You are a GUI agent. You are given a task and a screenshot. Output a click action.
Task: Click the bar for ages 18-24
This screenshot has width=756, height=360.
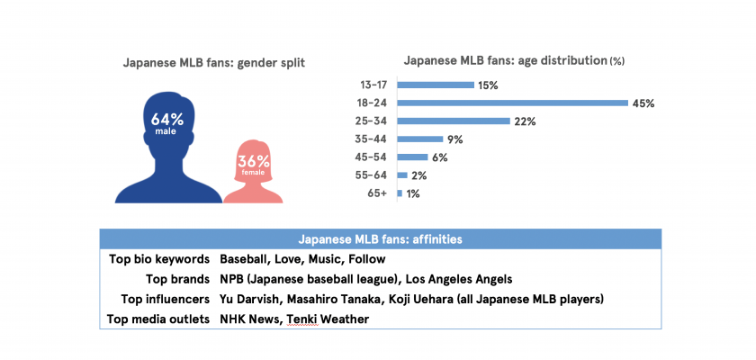click(512, 103)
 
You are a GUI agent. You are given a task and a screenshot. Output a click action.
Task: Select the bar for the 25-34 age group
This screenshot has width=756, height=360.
click(454, 121)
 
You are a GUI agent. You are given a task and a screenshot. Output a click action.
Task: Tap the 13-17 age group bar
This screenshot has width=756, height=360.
click(436, 85)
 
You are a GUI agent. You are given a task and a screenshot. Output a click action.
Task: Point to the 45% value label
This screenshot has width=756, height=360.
click(643, 103)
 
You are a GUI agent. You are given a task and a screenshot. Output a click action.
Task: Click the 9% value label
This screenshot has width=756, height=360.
click(456, 139)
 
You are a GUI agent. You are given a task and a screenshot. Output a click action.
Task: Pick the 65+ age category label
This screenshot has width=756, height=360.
click(379, 193)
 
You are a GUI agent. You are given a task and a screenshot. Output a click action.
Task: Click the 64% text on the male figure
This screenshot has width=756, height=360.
click(167, 119)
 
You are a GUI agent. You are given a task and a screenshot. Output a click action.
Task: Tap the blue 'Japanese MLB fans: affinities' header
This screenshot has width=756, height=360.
click(379, 239)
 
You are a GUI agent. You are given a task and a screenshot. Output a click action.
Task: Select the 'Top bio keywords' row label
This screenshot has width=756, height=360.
click(159, 258)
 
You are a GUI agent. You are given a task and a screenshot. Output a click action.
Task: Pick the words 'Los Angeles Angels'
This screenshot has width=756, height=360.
click(460, 279)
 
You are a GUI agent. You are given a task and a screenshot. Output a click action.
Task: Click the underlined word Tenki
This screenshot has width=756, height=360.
click(303, 319)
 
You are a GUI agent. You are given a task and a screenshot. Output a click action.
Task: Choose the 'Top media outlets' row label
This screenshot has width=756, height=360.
click(158, 319)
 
